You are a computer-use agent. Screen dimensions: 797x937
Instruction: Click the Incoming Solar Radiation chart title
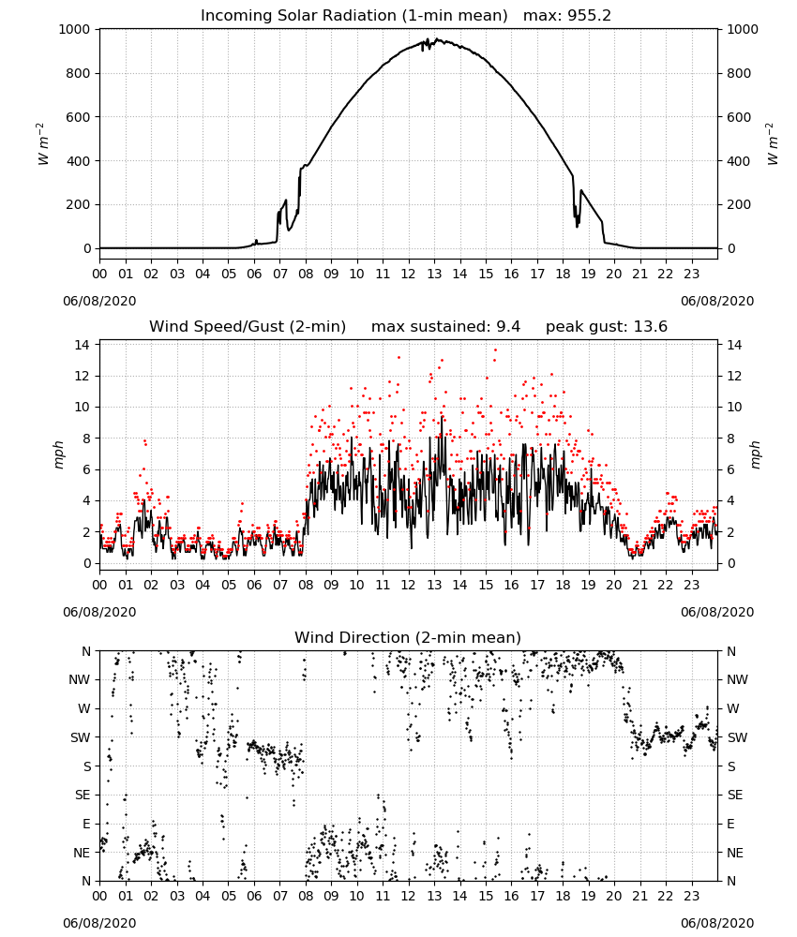pos(353,16)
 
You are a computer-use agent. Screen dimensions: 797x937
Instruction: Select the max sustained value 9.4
pos(508,327)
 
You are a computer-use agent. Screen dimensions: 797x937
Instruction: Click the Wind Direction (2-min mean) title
pos(408,637)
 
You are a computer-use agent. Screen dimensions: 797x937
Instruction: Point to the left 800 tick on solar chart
pos(79,73)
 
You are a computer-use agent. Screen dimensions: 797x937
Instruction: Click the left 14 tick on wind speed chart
pos(83,345)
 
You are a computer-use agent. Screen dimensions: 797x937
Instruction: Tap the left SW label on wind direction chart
pos(81,737)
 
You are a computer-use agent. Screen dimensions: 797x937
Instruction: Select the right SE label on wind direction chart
pos(735,795)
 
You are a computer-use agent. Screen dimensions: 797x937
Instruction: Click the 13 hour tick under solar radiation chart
pos(434,275)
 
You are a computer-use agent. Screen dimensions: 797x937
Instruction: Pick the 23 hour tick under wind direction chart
pos(691,897)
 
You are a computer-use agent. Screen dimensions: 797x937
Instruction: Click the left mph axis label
pos(58,454)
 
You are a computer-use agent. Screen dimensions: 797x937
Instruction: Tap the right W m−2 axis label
pos(772,144)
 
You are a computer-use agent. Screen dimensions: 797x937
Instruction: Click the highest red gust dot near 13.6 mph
pos(495,350)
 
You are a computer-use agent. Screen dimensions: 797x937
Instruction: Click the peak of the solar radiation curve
pos(437,39)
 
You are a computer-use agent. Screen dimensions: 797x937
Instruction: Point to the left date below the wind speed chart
pos(99,612)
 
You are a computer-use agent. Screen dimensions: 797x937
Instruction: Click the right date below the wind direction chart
pos(717,923)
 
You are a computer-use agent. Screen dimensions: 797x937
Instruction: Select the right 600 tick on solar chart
pos(739,117)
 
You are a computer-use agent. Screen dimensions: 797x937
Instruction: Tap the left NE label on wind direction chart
pos(82,853)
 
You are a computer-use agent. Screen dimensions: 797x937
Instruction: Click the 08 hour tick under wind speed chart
pos(306,585)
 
